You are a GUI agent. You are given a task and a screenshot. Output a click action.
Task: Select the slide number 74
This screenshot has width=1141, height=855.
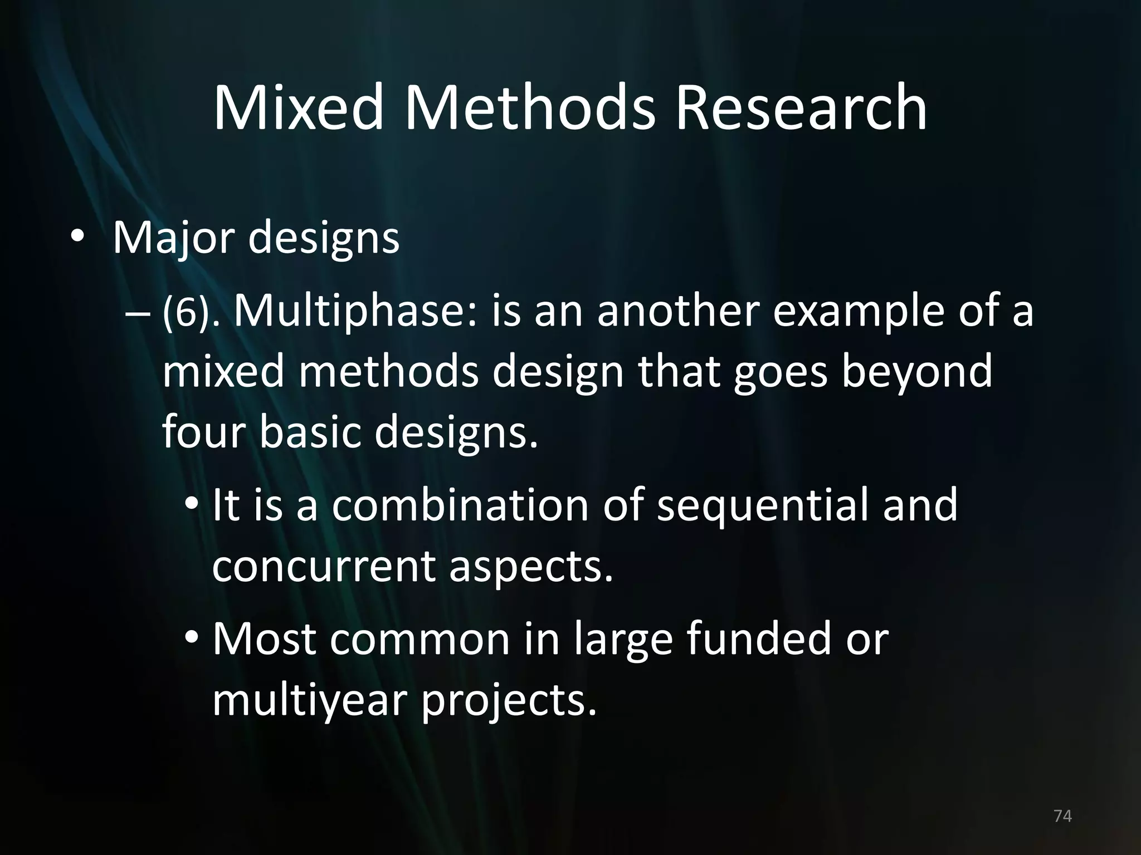click(x=1062, y=816)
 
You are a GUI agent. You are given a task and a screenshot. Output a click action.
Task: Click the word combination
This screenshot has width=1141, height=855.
click(x=460, y=505)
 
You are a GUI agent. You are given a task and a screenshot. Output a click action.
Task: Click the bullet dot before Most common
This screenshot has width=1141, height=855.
click(x=192, y=638)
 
